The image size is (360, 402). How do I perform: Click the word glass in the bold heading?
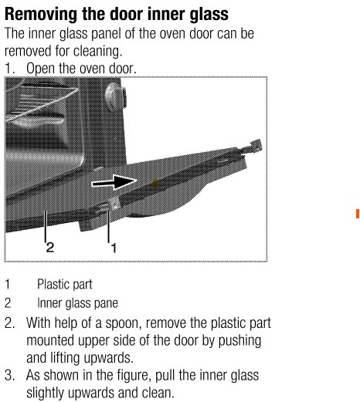(209, 15)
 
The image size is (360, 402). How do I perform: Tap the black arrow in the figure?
(114, 182)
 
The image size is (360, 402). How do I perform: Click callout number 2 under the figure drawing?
(50, 247)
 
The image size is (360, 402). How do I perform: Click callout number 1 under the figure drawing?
(114, 248)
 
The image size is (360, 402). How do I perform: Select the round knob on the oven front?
(116, 96)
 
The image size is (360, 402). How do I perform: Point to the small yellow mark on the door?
(155, 184)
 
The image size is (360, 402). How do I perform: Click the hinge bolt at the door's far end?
(253, 147)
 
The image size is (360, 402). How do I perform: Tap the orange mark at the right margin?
(358, 214)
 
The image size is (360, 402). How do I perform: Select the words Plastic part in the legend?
(65, 285)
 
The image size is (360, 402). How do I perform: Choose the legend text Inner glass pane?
(77, 303)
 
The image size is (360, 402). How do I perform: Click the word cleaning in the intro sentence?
(97, 51)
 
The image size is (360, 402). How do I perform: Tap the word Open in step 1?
(41, 69)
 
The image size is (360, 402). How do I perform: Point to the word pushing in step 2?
(239, 341)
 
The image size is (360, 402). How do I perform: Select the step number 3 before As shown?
(9, 375)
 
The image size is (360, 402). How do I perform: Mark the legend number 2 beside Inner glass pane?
(8, 303)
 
